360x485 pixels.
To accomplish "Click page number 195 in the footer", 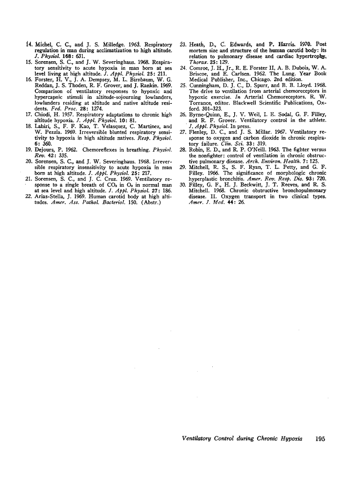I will [320, 438].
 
